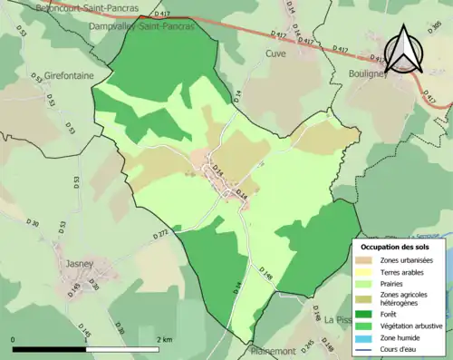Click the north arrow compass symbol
(405, 49)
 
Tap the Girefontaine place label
(68, 76)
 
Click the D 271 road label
(163, 234)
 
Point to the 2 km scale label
(163, 339)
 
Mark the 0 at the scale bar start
(14, 339)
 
